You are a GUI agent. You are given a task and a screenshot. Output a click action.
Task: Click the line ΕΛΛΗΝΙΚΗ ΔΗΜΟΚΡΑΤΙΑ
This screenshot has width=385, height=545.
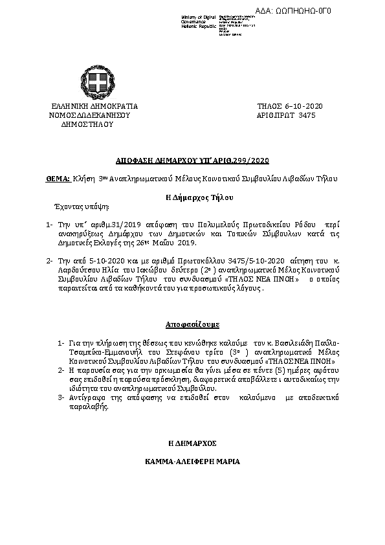94,106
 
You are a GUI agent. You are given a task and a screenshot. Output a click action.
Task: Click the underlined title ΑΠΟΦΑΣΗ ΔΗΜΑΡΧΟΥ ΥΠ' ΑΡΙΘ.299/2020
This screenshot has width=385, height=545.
192,160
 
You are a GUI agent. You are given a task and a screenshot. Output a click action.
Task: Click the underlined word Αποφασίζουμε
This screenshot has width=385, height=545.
192,322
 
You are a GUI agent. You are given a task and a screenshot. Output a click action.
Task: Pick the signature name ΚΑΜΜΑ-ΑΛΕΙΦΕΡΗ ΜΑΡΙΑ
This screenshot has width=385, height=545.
192,463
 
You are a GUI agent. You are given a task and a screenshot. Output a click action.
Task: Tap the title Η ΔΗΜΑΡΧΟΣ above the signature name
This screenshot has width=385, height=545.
192,444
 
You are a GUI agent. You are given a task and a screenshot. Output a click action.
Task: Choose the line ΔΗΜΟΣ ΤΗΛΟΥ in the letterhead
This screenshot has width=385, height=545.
87,124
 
